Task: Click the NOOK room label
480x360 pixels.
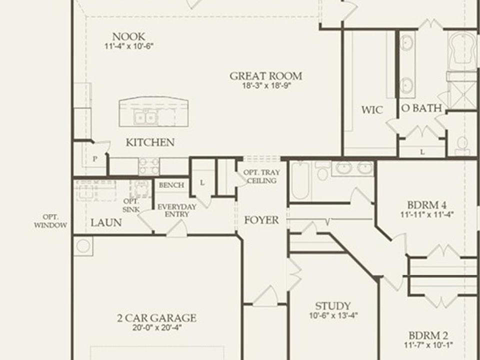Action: (x=128, y=36)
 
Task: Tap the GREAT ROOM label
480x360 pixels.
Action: (x=265, y=76)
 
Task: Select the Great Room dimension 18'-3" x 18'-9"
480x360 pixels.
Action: (x=266, y=85)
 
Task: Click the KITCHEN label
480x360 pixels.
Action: (x=150, y=142)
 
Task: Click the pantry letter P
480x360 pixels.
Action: (x=95, y=159)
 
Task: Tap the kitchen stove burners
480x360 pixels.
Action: (x=149, y=166)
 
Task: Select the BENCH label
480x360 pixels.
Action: (x=171, y=185)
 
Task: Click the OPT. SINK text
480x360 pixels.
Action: (x=131, y=205)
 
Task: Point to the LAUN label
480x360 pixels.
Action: (x=106, y=222)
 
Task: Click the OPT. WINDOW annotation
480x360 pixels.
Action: (x=50, y=221)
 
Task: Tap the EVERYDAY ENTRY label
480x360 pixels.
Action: (x=177, y=210)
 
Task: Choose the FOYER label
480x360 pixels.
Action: (x=261, y=220)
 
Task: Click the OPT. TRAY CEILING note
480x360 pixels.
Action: (x=261, y=176)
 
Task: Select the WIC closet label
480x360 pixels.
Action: (x=372, y=110)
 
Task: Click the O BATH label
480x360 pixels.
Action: (x=421, y=108)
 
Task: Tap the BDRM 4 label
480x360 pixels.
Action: (x=426, y=205)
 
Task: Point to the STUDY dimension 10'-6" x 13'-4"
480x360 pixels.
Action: (x=333, y=315)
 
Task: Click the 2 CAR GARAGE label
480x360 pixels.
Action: (x=156, y=318)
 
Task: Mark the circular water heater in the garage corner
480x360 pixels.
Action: (x=83, y=246)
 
